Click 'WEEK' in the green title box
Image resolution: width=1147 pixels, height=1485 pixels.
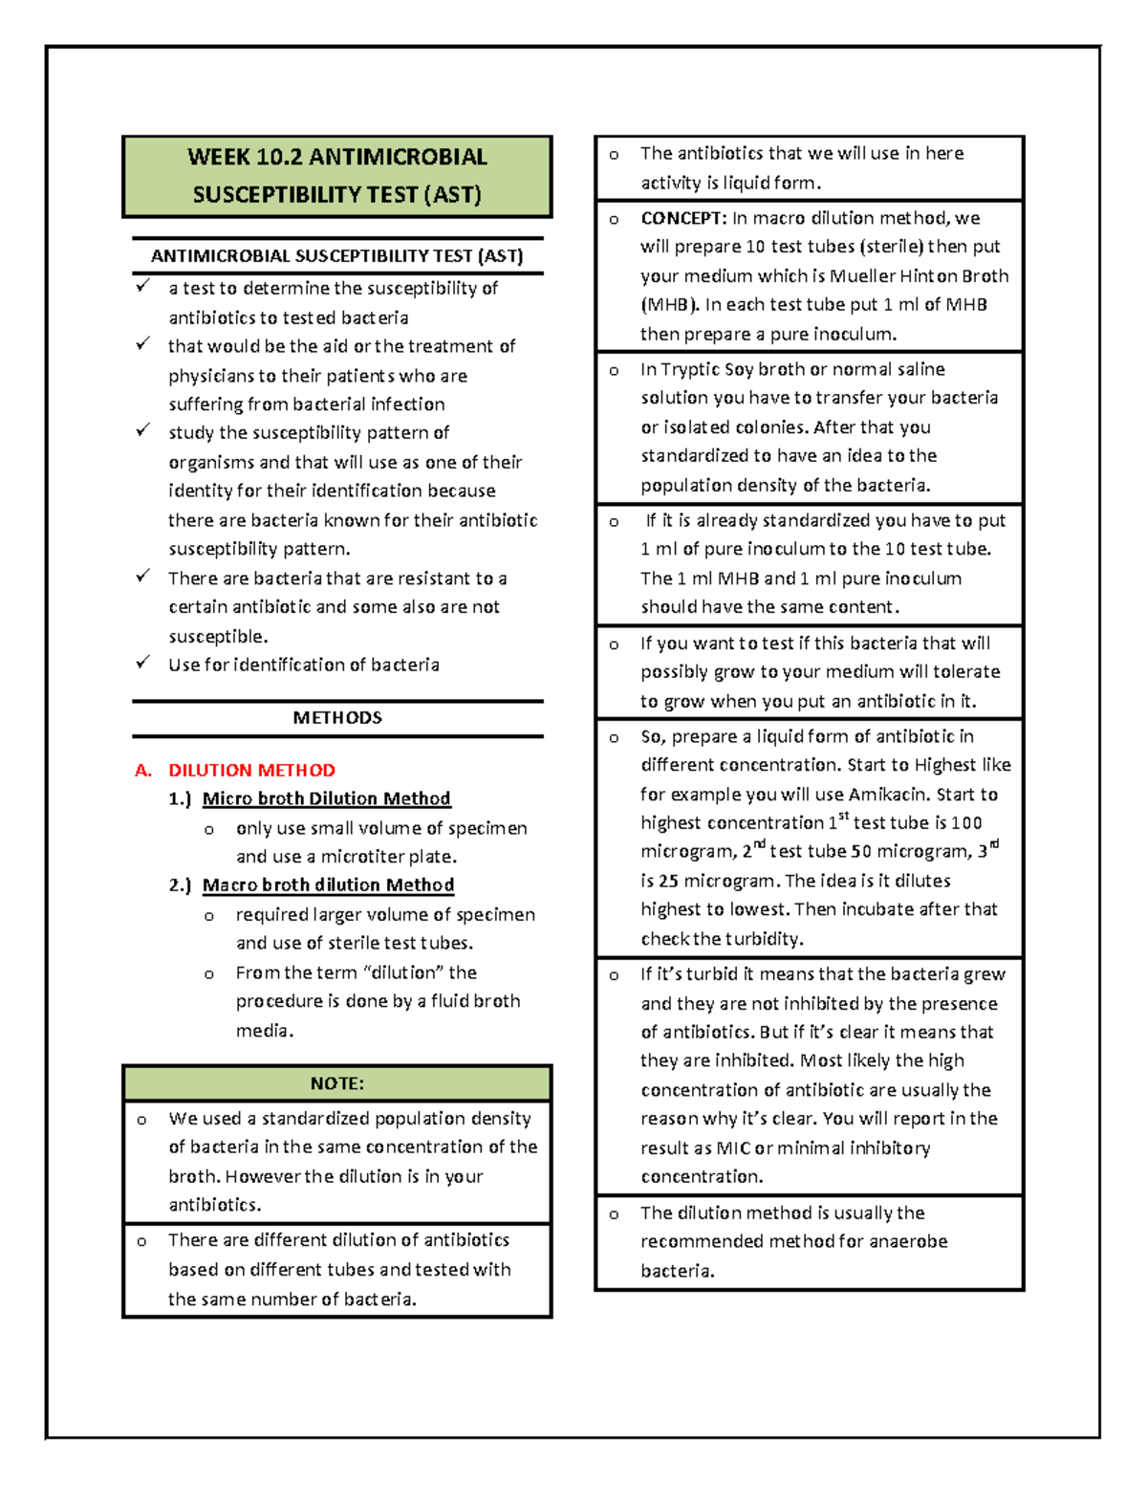coord(219,157)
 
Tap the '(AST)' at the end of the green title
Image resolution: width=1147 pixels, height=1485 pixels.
coord(453,195)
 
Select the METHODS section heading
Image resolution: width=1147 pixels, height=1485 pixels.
coord(337,718)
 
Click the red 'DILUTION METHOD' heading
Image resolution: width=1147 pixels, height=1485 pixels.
coord(251,771)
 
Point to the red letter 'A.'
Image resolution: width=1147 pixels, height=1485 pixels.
coord(143,771)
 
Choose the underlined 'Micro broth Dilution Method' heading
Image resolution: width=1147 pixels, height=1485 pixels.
coord(326,799)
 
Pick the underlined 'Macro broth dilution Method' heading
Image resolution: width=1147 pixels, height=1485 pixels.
coord(328,885)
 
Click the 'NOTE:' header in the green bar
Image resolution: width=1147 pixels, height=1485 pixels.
coord(336,1083)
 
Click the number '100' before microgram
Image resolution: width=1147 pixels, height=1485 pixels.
coord(966,823)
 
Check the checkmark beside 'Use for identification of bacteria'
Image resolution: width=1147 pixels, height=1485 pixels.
coord(142,663)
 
